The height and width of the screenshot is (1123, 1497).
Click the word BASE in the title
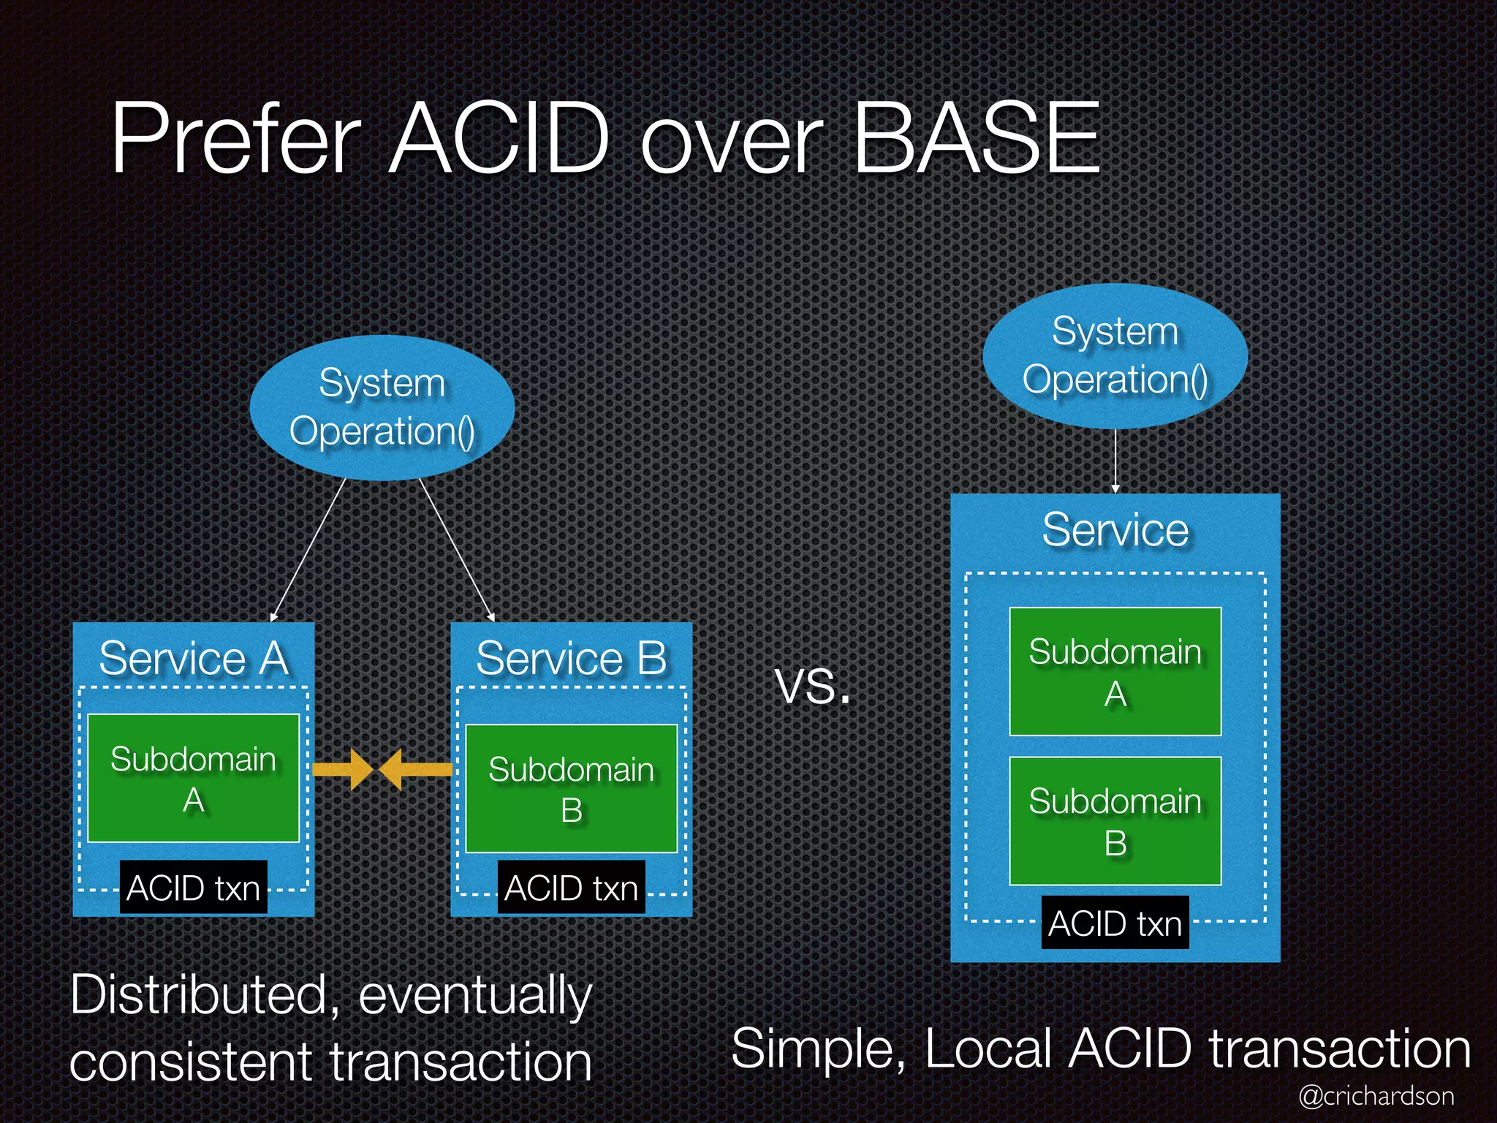click(x=977, y=139)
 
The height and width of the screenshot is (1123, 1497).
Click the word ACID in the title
click(x=499, y=139)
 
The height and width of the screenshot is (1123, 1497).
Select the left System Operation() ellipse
click(x=382, y=407)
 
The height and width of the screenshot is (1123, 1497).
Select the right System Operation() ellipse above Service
click(x=1115, y=356)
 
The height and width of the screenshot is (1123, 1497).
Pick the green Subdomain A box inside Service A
click(x=193, y=778)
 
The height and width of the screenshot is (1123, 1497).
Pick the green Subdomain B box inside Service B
click(x=571, y=789)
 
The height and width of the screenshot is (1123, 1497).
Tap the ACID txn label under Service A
click(x=193, y=888)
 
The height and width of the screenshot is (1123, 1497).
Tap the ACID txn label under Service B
click(x=571, y=888)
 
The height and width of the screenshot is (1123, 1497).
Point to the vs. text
click(x=812, y=688)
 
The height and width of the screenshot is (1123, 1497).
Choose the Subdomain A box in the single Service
click(x=1115, y=671)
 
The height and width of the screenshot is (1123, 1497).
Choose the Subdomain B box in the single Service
click(x=1115, y=820)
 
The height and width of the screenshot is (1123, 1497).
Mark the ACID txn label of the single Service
click(x=1115, y=923)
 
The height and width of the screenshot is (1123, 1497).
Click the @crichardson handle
click(x=1376, y=1095)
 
